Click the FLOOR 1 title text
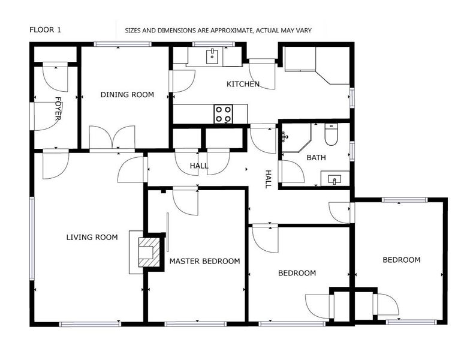(45, 30)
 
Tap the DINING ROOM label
(127, 95)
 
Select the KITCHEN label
(243, 84)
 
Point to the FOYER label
(58, 109)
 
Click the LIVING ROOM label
(92, 237)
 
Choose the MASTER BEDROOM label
(204, 261)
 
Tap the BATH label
(316, 158)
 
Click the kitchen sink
(212, 56)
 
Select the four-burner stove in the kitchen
(223, 114)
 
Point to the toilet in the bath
(331, 134)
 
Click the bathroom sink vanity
(335, 178)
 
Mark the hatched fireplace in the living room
(149, 252)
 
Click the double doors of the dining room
(112, 137)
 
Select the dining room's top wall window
(122, 44)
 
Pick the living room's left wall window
(32, 238)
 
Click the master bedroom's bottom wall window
(196, 324)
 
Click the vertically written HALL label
(268, 179)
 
